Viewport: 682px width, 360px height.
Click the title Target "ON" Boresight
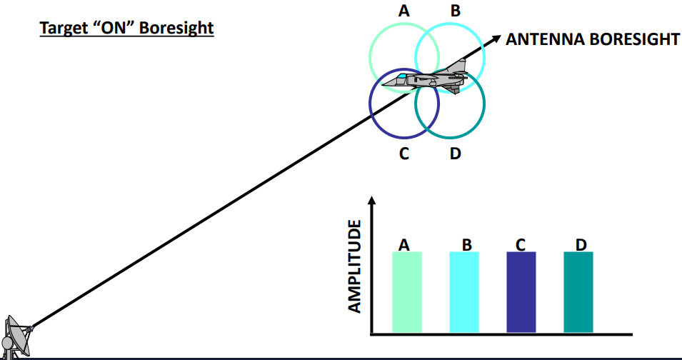click(x=126, y=29)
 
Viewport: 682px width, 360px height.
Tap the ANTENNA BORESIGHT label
click(x=592, y=39)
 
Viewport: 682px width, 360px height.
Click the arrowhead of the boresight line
click(x=493, y=41)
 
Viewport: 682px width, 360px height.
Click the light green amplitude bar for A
click(x=407, y=291)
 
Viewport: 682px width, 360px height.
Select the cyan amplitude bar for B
click(x=464, y=291)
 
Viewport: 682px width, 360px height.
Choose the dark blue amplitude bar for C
click(x=521, y=291)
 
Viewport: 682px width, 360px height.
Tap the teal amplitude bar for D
click(x=578, y=291)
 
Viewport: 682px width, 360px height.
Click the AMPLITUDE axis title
click(x=355, y=266)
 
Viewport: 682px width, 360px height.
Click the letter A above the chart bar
click(x=404, y=245)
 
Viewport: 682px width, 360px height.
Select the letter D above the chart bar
click(x=581, y=245)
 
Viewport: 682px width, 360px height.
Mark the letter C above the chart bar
click(x=521, y=245)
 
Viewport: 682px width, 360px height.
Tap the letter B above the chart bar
click(x=467, y=245)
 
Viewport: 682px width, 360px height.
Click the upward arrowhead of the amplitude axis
click(x=371, y=201)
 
